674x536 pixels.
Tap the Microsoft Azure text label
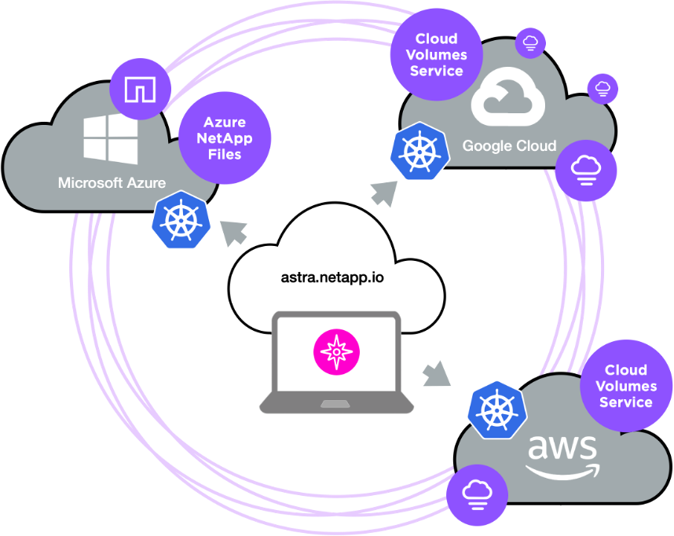(x=112, y=183)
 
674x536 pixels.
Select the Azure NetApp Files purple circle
(x=225, y=139)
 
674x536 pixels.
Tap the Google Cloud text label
(x=509, y=146)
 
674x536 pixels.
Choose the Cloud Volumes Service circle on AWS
(x=626, y=386)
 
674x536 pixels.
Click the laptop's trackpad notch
(x=336, y=404)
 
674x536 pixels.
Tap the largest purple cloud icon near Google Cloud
(x=586, y=170)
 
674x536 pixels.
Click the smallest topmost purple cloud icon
(x=530, y=42)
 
